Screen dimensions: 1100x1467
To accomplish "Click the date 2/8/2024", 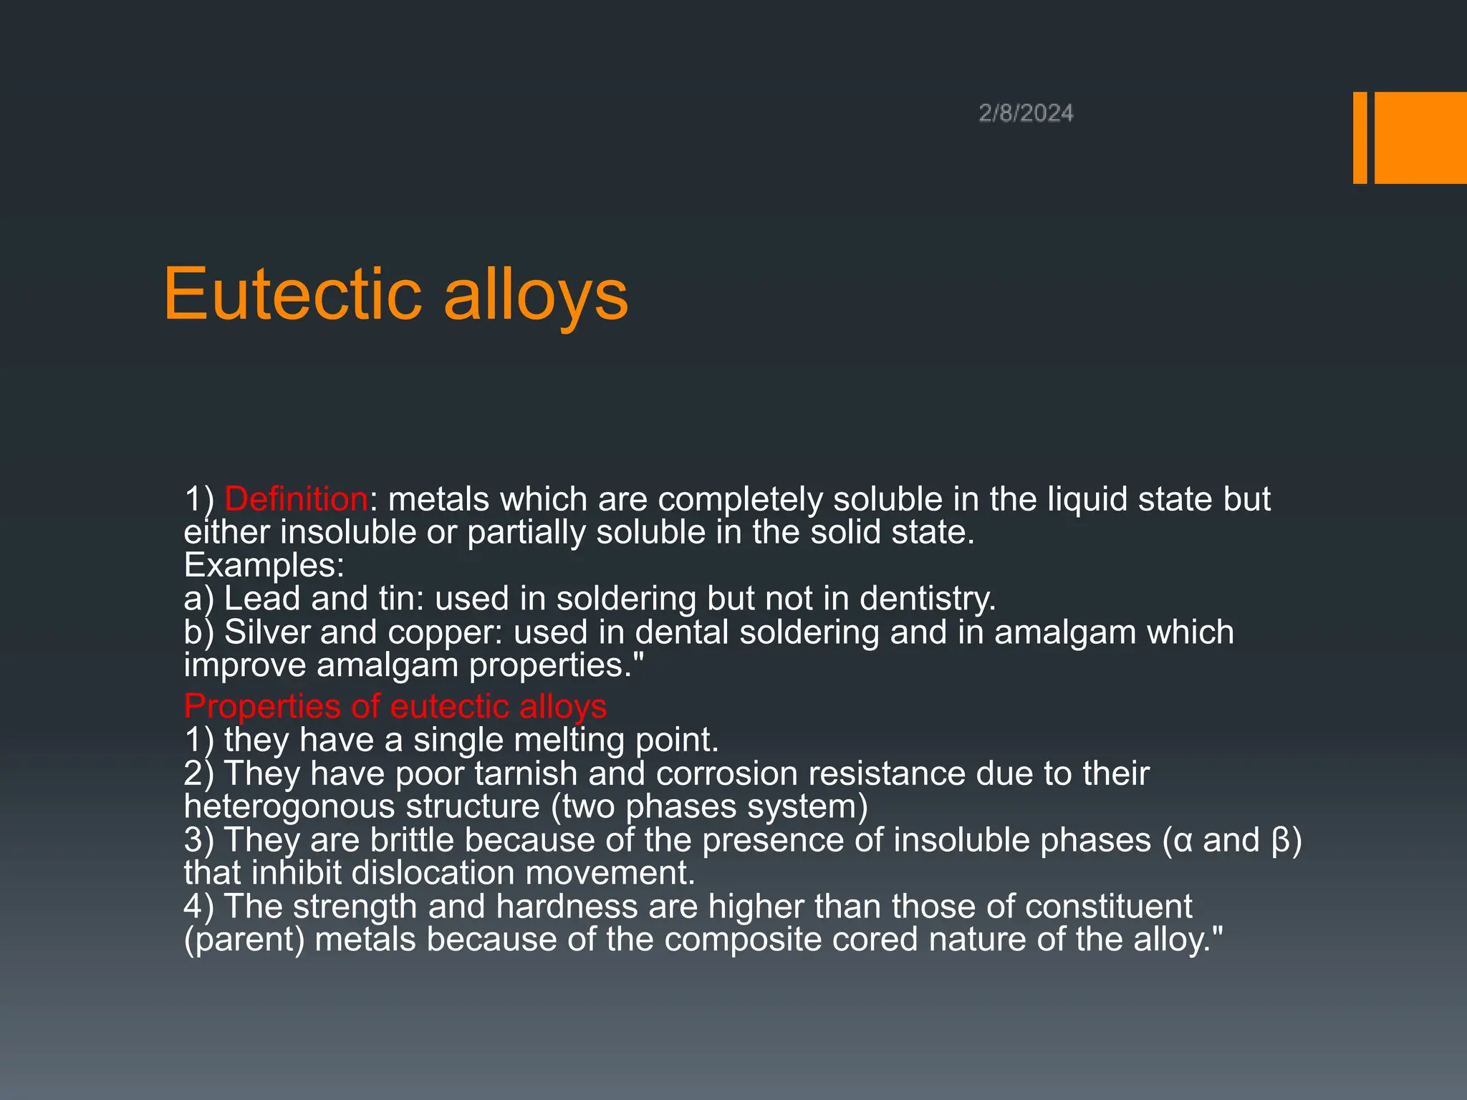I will pyautogui.click(x=1026, y=113).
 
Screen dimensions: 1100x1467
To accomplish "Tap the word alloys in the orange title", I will pyautogui.click(x=536, y=295).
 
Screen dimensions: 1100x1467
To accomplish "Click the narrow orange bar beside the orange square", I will pyautogui.click(x=1360, y=137).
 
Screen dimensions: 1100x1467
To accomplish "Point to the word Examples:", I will pyautogui.click(x=264, y=566).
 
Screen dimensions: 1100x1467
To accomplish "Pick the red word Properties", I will pyautogui.click(x=262, y=707).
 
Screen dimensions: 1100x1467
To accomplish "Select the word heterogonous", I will pyautogui.click(x=289, y=807).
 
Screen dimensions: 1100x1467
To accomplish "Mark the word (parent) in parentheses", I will pyautogui.click(x=244, y=940).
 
